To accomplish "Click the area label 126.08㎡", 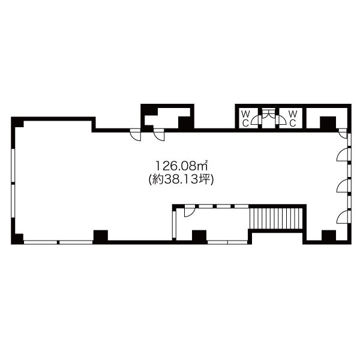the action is coord(182,166).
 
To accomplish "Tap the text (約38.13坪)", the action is coord(181,179).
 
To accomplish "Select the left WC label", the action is coord(245,118).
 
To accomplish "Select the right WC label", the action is coord(293,118).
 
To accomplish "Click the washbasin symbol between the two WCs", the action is coord(269,114).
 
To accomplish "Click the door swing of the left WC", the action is coord(256,120).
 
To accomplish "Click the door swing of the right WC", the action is coord(281,120).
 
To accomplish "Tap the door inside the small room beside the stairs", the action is coord(190,211).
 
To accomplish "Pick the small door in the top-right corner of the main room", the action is coord(343,133).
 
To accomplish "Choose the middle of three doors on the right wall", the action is coord(343,185).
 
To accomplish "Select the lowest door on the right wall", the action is coord(343,217).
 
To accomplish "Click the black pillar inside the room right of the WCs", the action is coord(328,123).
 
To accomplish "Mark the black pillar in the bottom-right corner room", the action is coord(329,236).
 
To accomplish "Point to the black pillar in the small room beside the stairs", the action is coord(199,236).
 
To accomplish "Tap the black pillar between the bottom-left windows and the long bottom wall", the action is coord(100,236).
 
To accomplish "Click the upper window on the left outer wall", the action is coord(13,166).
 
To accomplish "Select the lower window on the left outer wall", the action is coord(13,202).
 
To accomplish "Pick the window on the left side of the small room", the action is coord(174,224).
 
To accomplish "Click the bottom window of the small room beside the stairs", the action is coord(227,242).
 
